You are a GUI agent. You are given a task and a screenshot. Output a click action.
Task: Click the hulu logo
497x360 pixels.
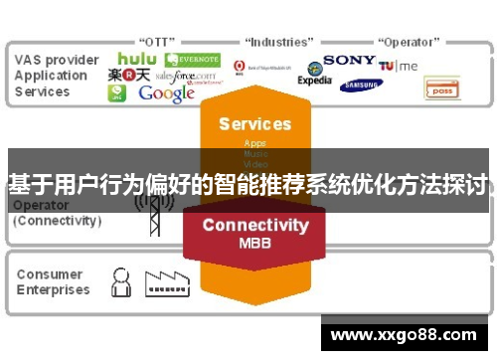tap(137, 60)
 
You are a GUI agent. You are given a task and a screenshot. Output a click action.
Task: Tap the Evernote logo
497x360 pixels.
tap(193, 61)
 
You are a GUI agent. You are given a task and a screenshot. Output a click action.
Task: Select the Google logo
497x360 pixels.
tap(166, 93)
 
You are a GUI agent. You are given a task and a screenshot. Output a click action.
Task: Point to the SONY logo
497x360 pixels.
tap(349, 60)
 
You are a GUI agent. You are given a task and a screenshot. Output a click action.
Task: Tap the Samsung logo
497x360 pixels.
tap(361, 86)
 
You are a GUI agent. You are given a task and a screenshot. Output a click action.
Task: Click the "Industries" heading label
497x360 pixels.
tap(281, 42)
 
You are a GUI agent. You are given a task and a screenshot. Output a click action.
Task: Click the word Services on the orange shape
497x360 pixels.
tap(254, 124)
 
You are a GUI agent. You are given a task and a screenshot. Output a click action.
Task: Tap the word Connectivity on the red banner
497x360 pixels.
tap(254, 225)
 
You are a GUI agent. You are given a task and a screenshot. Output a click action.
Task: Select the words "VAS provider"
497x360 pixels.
tap(57, 60)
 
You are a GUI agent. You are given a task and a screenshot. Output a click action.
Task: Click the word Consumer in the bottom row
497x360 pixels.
tap(49, 274)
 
